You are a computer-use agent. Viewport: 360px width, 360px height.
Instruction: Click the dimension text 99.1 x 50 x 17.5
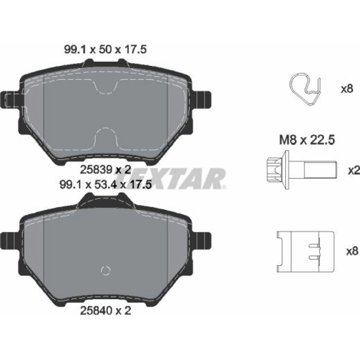[105, 50]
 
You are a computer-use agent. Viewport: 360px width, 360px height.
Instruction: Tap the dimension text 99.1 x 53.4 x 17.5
[106, 184]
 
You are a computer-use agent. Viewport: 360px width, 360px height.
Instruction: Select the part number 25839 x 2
[105, 170]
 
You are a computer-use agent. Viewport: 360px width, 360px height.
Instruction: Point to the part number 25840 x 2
[105, 311]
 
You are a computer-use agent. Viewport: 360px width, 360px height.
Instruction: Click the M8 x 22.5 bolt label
[307, 140]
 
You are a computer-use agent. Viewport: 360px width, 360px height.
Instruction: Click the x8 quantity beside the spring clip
[347, 89]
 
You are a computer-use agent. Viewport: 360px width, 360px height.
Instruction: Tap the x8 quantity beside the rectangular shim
[352, 251]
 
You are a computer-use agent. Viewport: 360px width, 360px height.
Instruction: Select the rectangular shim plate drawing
[305, 252]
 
